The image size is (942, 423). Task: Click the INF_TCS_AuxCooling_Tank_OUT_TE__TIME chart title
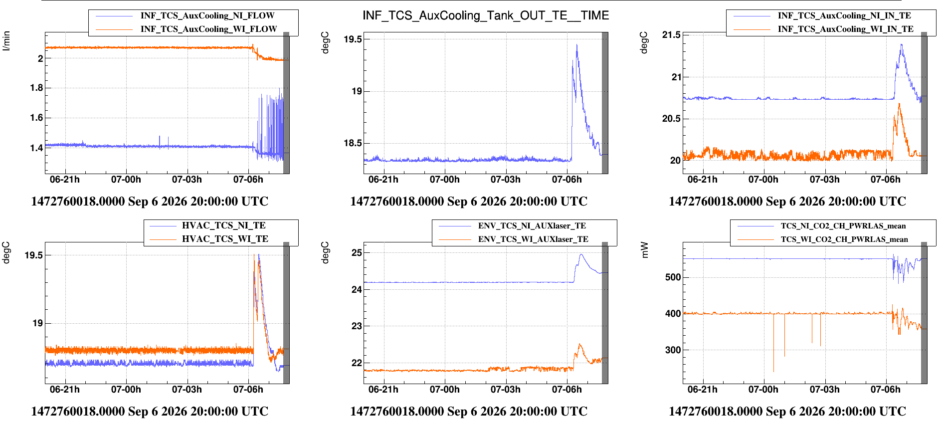tap(486, 15)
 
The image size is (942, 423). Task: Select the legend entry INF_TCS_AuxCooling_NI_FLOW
tap(207, 16)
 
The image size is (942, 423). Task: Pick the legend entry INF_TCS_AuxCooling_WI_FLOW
tap(208, 29)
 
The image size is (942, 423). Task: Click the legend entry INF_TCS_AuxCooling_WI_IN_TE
tap(846, 29)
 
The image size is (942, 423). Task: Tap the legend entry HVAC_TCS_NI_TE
tap(224, 225)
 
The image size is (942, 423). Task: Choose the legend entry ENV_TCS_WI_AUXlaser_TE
tap(533, 239)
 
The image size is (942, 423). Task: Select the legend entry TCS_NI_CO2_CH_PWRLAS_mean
tap(843, 226)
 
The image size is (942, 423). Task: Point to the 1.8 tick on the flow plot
tap(37, 88)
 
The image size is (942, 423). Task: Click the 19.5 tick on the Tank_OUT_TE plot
tap(353, 39)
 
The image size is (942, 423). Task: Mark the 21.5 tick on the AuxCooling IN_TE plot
tap(671, 35)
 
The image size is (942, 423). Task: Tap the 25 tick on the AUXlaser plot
tap(357, 252)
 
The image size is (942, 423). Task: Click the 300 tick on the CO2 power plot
tap(673, 350)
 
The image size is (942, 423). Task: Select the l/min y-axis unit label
tap(6, 41)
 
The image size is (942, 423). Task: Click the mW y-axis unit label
tap(645, 250)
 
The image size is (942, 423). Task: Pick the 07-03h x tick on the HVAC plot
tap(187, 390)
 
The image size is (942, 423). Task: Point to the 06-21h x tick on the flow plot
tap(65, 180)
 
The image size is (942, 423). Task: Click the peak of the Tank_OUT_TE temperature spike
tap(577, 44)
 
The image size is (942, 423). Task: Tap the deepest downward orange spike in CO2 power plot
tap(773, 371)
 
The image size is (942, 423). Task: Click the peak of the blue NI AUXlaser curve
tap(581, 254)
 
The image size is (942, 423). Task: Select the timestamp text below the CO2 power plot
tap(787, 412)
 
